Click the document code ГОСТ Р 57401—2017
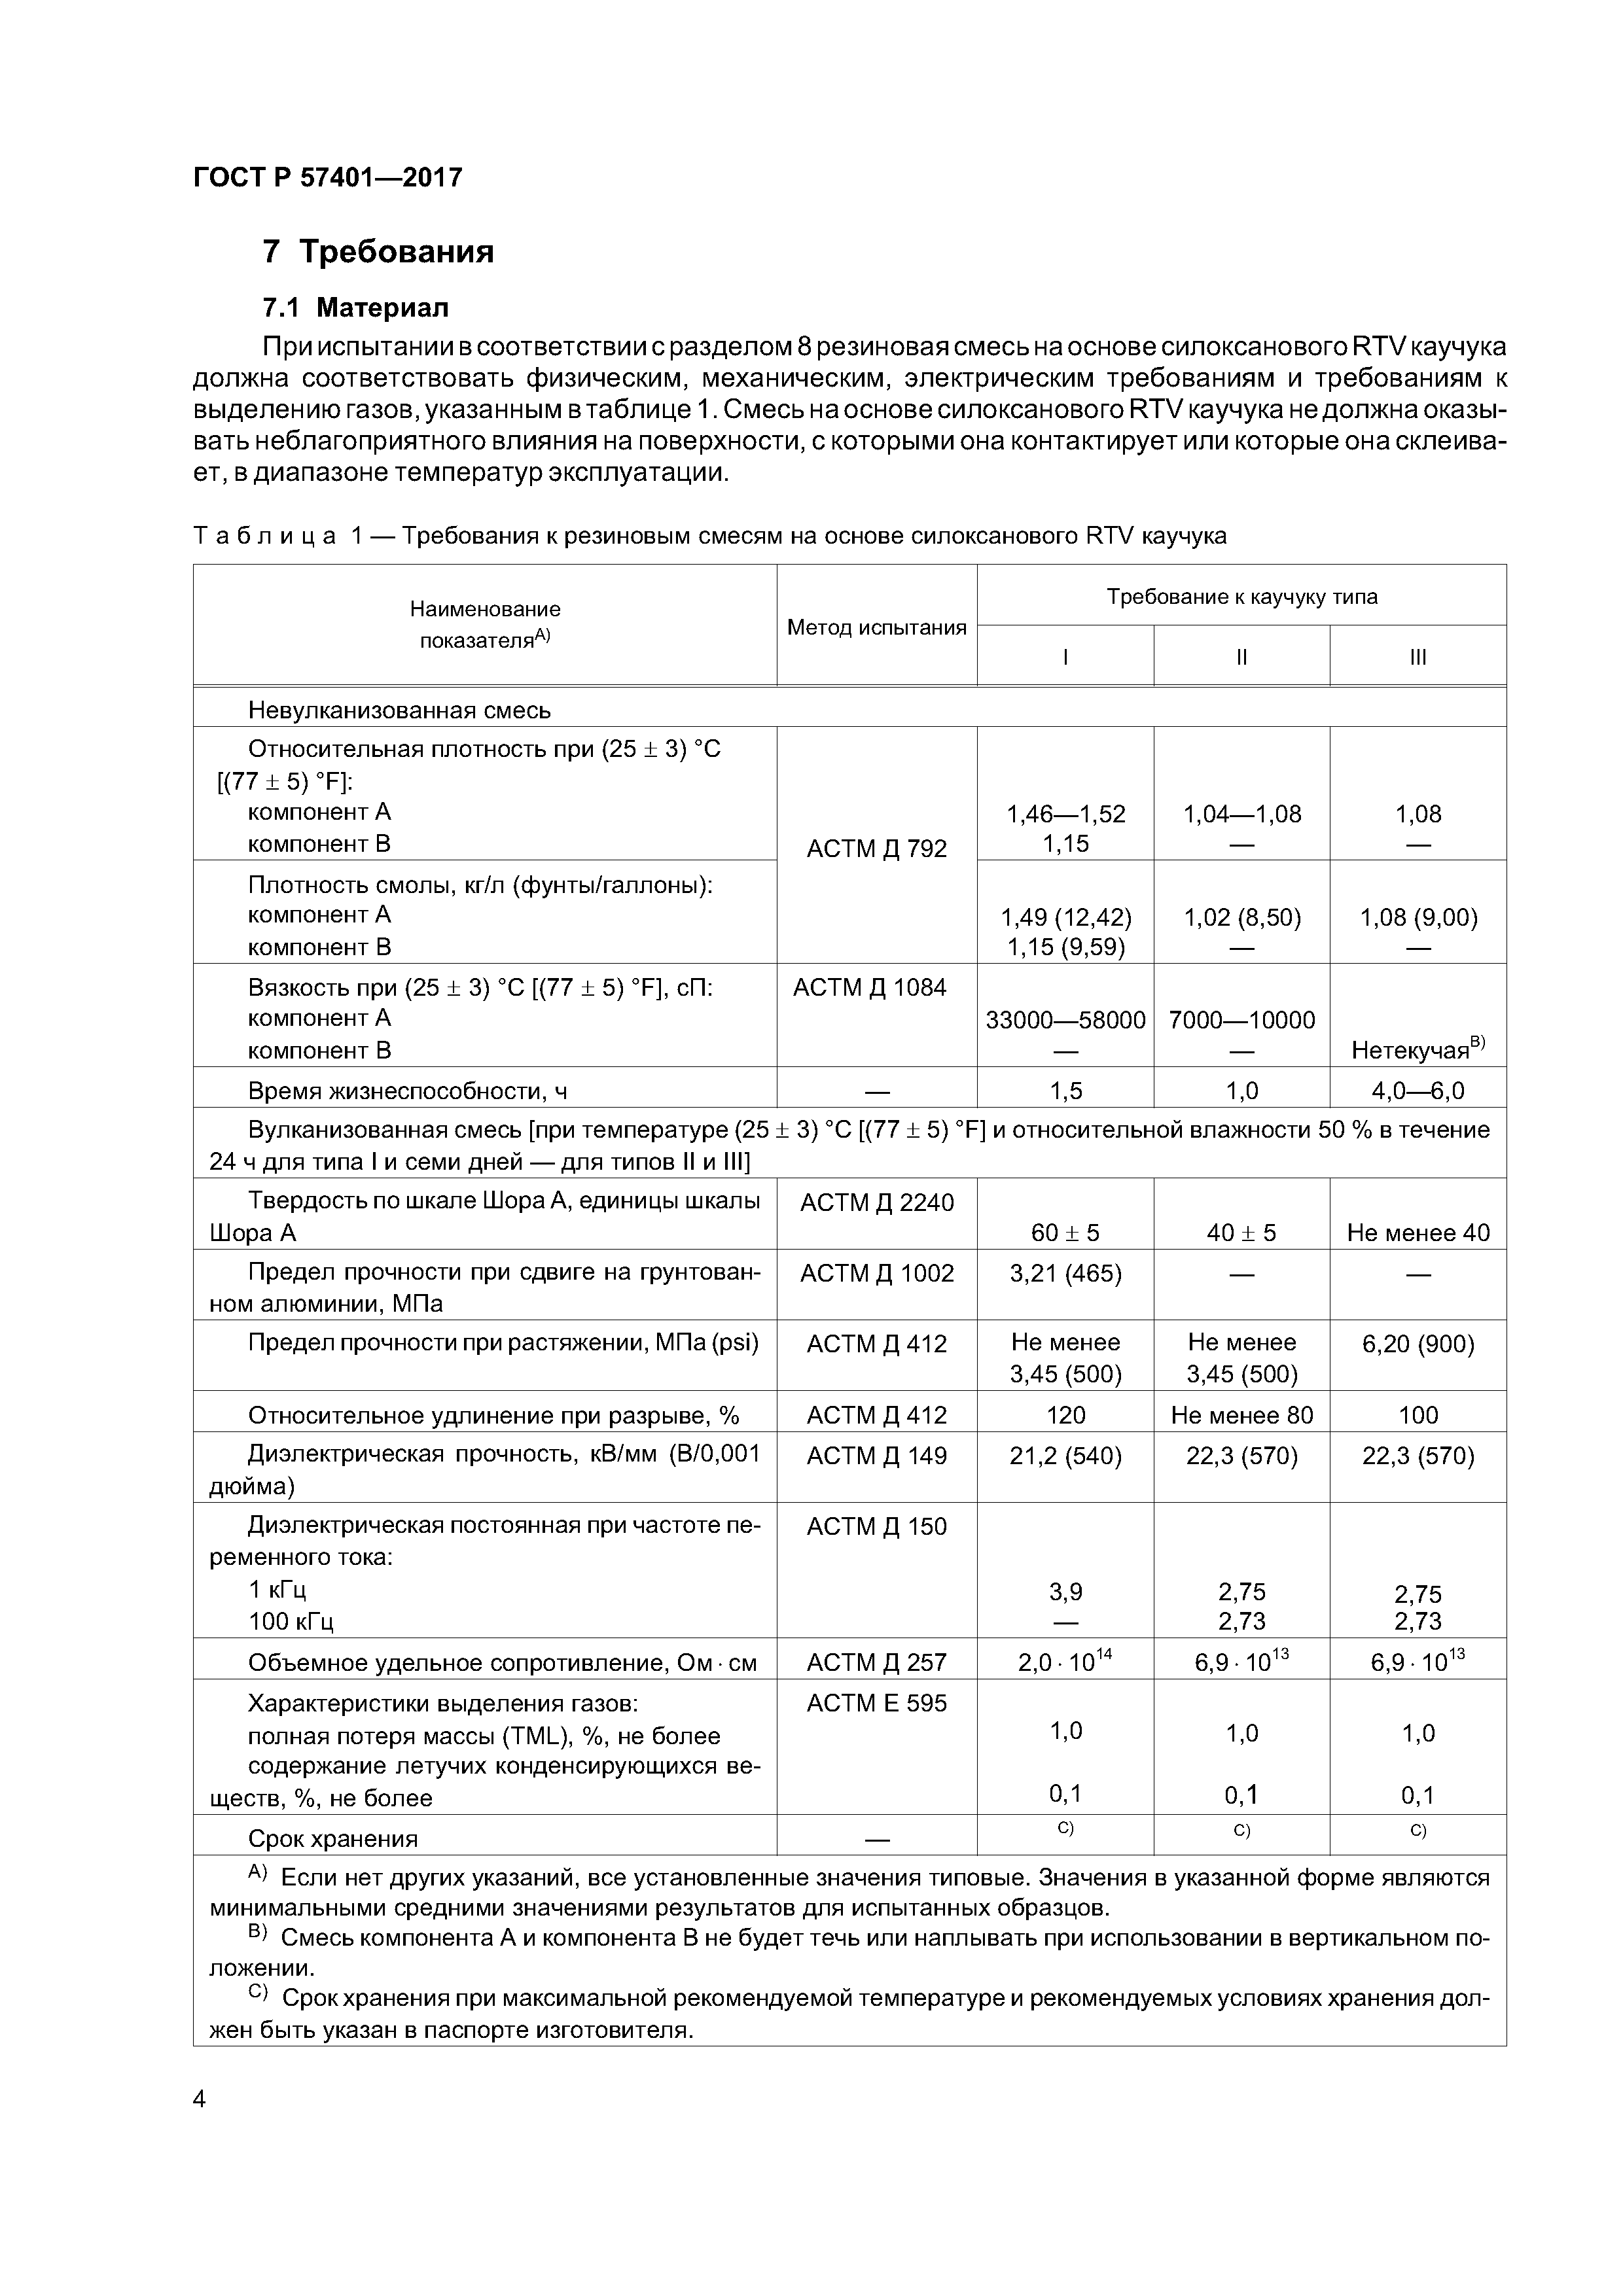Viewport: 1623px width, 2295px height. click(x=327, y=178)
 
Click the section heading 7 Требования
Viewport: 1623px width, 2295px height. click(x=378, y=251)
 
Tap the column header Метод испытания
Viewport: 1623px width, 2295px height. click(x=876, y=627)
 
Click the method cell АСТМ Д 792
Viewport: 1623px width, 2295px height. click(x=876, y=848)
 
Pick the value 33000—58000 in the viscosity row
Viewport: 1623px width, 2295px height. click(x=1065, y=1019)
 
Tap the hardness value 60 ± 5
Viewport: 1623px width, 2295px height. click(x=1065, y=1233)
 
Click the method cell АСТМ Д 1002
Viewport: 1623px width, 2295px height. click(x=876, y=1272)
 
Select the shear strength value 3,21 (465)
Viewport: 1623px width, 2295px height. click(x=1065, y=1272)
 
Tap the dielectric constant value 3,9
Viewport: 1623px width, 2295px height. click(x=1065, y=1591)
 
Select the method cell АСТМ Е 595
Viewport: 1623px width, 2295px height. click(x=876, y=1702)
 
